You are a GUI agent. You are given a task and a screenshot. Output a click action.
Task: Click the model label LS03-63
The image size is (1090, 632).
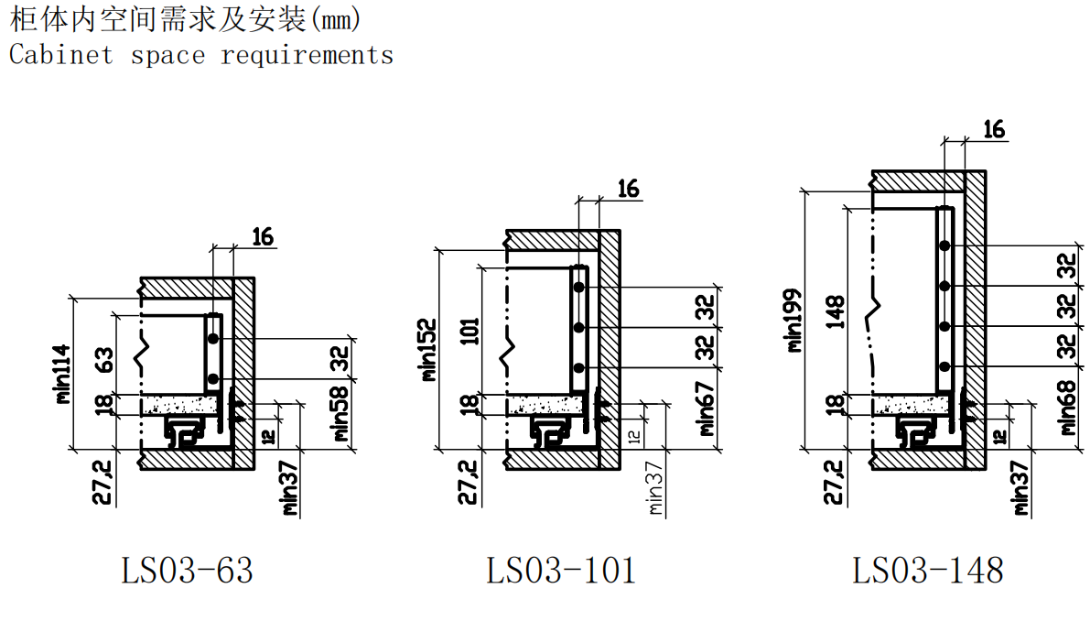click(187, 571)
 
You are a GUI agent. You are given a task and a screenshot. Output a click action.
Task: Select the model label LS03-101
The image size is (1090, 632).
click(560, 571)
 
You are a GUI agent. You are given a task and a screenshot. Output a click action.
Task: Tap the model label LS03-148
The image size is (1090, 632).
click(928, 571)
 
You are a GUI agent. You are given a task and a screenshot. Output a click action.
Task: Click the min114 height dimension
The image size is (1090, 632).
click(62, 373)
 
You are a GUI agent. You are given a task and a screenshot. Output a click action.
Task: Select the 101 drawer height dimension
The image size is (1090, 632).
click(470, 332)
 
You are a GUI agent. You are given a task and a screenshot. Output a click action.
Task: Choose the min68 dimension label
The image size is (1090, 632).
click(1069, 409)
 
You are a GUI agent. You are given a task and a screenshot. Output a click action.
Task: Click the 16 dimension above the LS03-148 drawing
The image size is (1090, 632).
click(993, 130)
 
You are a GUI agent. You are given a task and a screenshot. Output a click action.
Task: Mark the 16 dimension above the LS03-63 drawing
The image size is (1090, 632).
click(262, 236)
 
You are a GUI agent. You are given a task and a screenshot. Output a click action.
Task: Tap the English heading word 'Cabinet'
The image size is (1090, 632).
click(61, 55)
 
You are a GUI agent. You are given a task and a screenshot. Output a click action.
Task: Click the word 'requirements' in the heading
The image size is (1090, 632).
click(307, 55)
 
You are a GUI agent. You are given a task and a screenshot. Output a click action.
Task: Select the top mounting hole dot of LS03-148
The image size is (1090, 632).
click(944, 245)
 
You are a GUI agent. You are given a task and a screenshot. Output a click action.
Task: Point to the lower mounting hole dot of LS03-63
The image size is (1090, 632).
click(212, 378)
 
